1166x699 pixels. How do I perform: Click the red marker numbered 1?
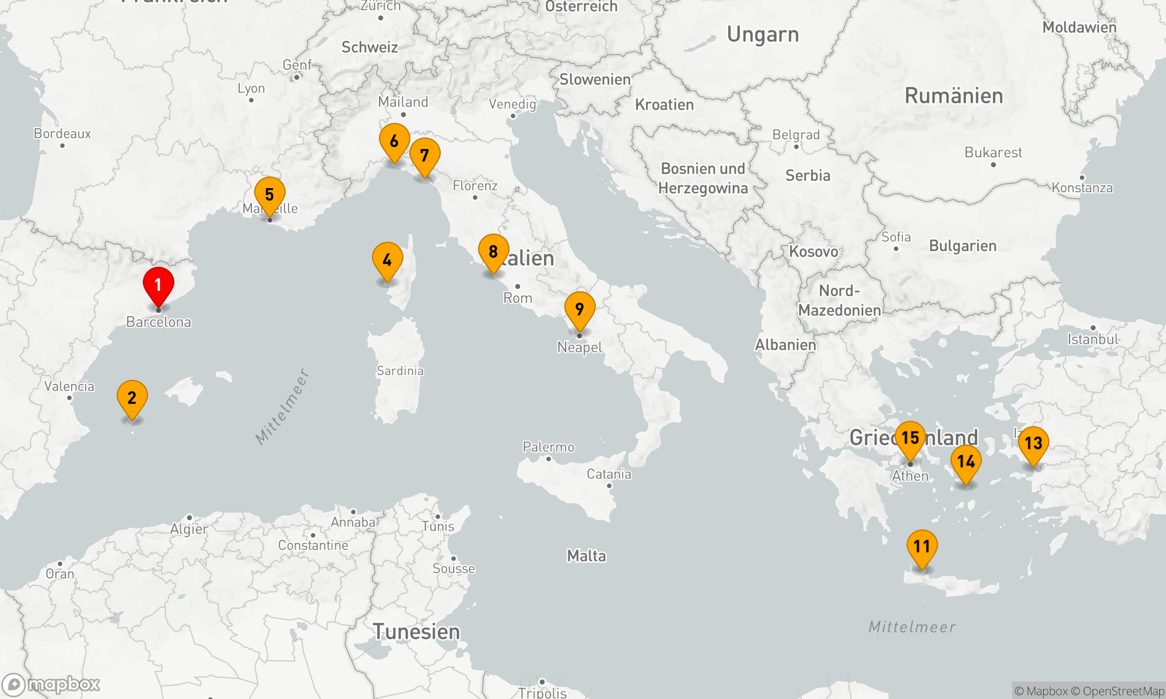[158, 285]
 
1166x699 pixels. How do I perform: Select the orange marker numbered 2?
[132, 398]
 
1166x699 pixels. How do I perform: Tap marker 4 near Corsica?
[387, 260]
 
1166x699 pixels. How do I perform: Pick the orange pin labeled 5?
[269, 195]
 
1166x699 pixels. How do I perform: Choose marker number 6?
[394, 141]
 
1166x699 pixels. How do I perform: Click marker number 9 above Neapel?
[580, 309]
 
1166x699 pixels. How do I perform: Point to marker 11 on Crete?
[922, 546]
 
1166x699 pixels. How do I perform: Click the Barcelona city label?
[159, 322]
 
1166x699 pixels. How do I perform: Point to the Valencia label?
[69, 386]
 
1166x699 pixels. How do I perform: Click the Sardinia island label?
[400, 370]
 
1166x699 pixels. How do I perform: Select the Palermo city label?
[549, 447]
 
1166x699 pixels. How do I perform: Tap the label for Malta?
[586, 556]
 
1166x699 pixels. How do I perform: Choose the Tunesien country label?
[416, 631]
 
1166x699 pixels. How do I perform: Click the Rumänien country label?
[954, 96]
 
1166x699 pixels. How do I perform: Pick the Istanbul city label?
[1093, 339]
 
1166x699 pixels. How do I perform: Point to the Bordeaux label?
[62, 133]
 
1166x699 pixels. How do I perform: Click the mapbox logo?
[51, 684]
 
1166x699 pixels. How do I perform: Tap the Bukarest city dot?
[993, 165]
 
